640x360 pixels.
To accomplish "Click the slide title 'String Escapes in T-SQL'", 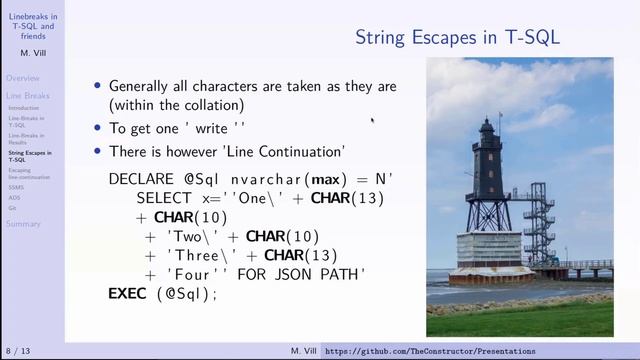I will click(457, 37).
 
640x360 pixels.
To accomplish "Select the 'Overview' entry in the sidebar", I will click(22, 78).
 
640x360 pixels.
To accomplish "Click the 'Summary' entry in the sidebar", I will click(22, 224).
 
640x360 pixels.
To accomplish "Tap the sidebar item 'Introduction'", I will click(24, 108).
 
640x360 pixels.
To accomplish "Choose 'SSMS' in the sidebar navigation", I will click(16, 187).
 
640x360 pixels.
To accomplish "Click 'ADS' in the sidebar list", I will click(14, 197).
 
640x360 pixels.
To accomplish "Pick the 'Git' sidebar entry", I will click(12, 207).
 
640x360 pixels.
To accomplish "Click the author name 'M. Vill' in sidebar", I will click(31, 54).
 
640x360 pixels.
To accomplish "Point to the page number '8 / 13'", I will click(19, 351).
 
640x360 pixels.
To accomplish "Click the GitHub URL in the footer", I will click(430, 351).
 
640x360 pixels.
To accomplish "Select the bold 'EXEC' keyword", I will click(126, 294).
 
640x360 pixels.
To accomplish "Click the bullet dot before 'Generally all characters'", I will click(97, 86).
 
